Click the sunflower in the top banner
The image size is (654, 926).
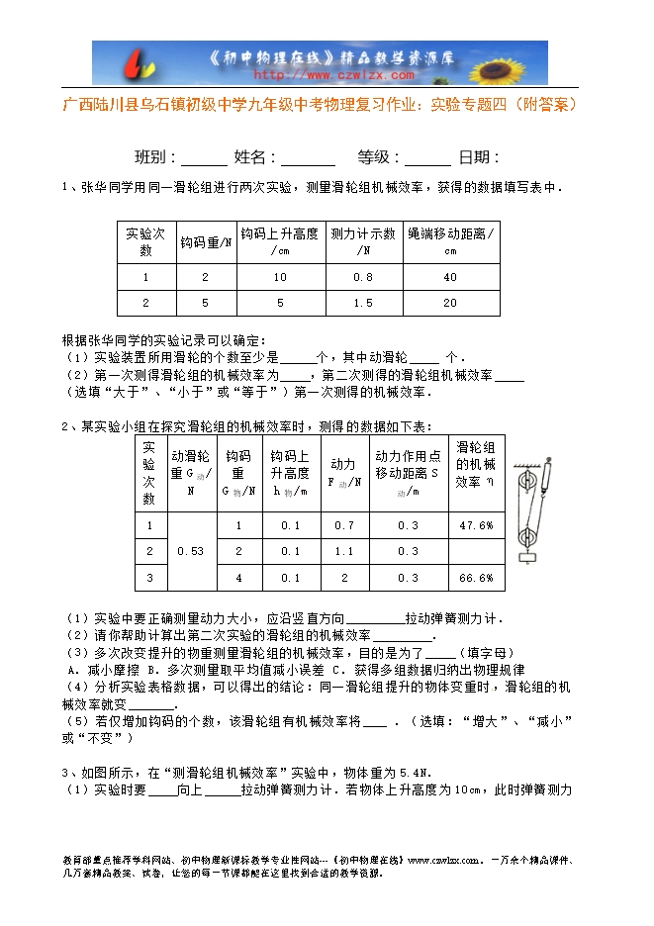coord(520,62)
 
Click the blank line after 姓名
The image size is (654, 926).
coord(308,158)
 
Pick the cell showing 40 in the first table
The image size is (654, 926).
coord(450,277)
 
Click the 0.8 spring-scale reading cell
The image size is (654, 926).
coord(363,277)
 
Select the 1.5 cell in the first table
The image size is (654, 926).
coord(363,303)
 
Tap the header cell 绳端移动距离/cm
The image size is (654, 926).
coord(450,241)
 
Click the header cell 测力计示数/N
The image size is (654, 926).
coord(363,241)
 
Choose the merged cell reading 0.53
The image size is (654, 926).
coord(190,551)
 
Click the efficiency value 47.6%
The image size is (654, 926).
coord(476,525)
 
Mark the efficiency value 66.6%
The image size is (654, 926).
coord(476,577)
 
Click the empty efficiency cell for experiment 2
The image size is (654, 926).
coord(476,551)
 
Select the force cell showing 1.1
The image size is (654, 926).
coord(343,551)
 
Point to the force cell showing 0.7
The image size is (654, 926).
coord(343,525)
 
